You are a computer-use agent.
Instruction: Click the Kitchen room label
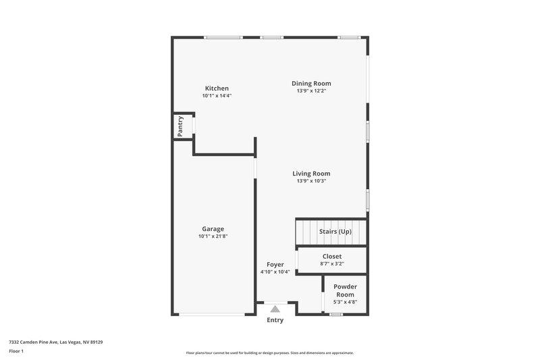click(217, 88)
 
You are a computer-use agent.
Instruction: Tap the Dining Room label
click(311, 84)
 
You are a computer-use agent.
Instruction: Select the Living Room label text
click(311, 174)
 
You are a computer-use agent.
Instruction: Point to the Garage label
click(213, 229)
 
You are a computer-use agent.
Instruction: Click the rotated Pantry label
click(180, 127)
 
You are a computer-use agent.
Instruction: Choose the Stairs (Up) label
click(335, 232)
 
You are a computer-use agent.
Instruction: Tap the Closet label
click(331, 257)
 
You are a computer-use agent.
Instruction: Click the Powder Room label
click(345, 290)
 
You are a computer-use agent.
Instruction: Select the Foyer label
click(275, 264)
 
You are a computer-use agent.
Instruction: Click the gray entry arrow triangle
click(275, 309)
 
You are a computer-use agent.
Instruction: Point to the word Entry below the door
click(275, 320)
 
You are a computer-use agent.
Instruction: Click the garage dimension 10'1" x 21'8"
click(213, 236)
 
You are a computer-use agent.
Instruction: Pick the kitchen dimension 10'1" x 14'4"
click(217, 96)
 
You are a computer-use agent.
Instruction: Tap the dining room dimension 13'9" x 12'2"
click(311, 91)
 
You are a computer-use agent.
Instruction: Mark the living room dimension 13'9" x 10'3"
click(311, 181)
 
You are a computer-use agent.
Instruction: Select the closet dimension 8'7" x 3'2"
click(331, 264)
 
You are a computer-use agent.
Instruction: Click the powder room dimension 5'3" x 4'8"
click(345, 302)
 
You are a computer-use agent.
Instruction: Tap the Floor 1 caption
click(16, 351)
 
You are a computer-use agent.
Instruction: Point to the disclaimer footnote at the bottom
click(269, 353)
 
